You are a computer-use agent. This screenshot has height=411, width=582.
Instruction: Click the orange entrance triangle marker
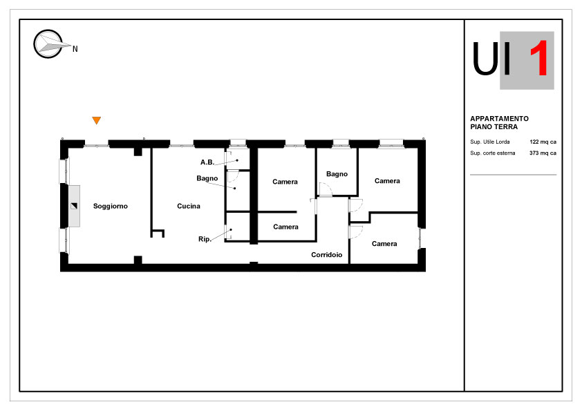(97, 120)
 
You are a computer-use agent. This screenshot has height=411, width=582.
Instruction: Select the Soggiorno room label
(110, 206)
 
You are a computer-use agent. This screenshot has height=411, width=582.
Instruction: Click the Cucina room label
(189, 206)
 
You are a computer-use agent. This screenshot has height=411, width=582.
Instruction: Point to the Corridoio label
(327, 254)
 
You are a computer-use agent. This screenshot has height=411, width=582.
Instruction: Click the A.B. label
(207, 162)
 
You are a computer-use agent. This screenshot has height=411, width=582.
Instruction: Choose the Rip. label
(205, 239)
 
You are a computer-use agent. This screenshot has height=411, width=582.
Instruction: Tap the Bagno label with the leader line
(207, 178)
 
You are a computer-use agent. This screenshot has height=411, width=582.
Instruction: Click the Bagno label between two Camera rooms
(337, 173)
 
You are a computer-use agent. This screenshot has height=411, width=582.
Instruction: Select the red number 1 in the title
(539, 58)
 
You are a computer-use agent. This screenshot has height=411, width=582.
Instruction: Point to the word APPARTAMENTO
(499, 118)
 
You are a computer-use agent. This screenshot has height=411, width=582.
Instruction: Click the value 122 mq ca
(543, 142)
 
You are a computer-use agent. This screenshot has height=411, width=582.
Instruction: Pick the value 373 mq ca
(543, 153)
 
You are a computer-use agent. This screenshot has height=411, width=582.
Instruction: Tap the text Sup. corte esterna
(493, 153)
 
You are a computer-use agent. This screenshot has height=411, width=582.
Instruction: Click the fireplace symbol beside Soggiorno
(74, 206)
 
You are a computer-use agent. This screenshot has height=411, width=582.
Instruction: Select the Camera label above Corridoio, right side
(384, 243)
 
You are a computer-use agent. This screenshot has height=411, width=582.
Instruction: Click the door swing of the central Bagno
(325, 189)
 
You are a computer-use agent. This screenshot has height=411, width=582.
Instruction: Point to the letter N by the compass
(75, 49)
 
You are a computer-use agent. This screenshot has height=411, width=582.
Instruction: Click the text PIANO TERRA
(494, 126)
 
